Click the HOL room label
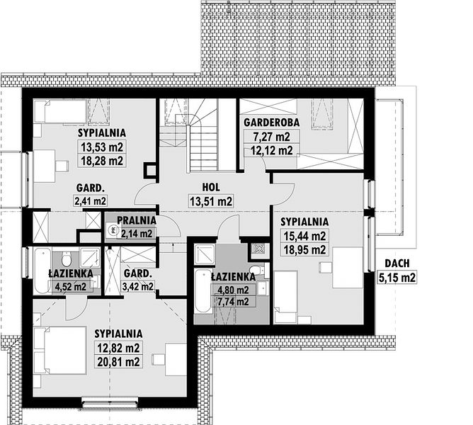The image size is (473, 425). (x=211, y=187)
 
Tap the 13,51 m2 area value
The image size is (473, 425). (x=211, y=201)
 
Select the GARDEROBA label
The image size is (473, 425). (x=271, y=123)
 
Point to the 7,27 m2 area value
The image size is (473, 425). (x=271, y=137)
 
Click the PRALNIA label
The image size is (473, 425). (x=137, y=220)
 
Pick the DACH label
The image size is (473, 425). (x=397, y=263)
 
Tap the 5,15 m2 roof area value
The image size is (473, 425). (x=397, y=277)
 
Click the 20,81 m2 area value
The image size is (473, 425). (x=118, y=361)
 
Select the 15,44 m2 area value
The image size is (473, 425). (x=304, y=236)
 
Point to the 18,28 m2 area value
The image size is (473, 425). (x=102, y=161)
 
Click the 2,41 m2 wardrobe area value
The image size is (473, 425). (x=90, y=200)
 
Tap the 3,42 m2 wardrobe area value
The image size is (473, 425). (x=138, y=286)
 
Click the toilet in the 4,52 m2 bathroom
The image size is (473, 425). (x=66, y=259)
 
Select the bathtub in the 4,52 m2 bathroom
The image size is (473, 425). (x=42, y=271)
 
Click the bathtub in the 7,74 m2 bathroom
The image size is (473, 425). (x=203, y=291)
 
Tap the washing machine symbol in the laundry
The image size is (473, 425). (x=113, y=231)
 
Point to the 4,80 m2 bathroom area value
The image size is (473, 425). (x=234, y=290)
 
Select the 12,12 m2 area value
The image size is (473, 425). (x=271, y=150)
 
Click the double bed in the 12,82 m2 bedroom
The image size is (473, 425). (x=60, y=350)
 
